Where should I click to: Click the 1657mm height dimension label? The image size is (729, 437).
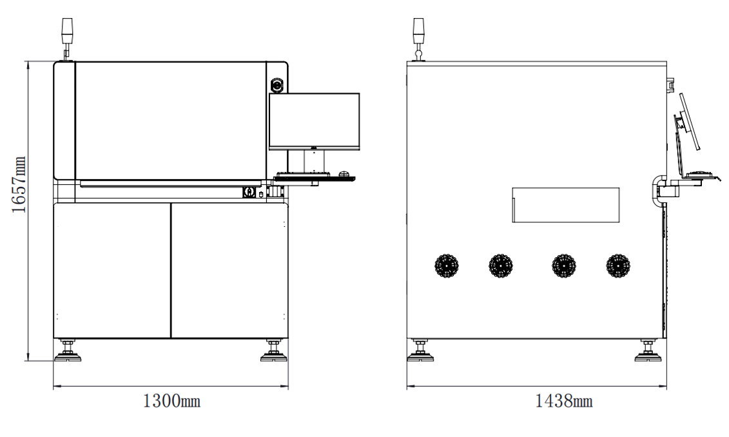[x=19, y=184]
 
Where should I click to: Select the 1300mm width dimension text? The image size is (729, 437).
[x=171, y=401]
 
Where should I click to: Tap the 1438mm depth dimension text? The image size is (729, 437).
[x=564, y=401]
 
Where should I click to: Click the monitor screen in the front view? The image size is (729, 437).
[x=315, y=121]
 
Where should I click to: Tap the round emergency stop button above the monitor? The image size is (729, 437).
[x=277, y=85]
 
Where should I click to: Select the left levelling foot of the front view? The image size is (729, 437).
[x=68, y=351]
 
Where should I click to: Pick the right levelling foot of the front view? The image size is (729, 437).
[x=273, y=351]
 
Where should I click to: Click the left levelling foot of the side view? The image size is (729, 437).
[x=420, y=351]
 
